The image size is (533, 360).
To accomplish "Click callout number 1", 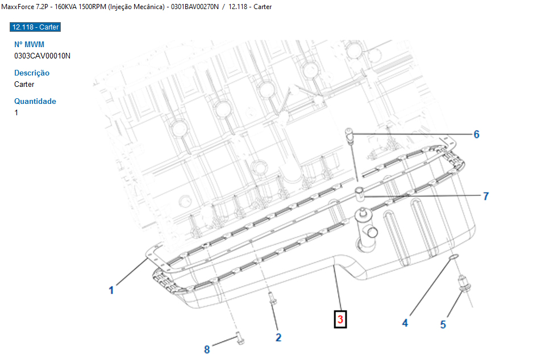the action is click(x=111, y=290).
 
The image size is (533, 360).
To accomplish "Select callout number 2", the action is click(x=278, y=338).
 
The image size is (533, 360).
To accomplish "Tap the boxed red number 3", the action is click(x=340, y=319).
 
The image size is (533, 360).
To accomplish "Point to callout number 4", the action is click(x=405, y=323).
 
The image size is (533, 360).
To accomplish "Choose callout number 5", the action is click(x=443, y=325).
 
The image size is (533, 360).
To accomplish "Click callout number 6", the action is click(x=477, y=135).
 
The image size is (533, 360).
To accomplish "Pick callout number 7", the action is click(x=486, y=196).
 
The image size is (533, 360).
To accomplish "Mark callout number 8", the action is click(x=207, y=349).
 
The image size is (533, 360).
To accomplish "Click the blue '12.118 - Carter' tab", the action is click(x=35, y=27).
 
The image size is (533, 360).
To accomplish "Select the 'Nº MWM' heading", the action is click(x=29, y=44).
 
